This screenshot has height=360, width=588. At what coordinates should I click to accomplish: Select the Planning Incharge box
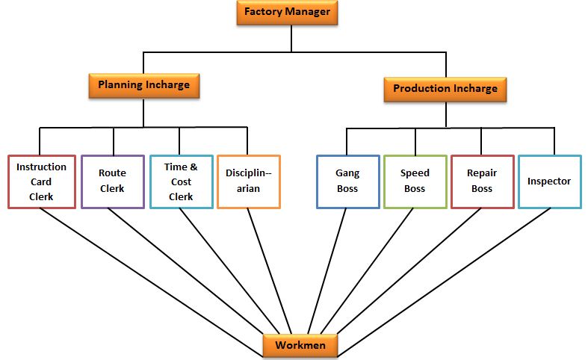144,85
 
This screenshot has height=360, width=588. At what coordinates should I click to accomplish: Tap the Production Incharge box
445,89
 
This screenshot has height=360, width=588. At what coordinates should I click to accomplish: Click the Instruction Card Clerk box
41,181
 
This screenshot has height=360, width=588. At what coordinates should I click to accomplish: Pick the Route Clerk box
112,181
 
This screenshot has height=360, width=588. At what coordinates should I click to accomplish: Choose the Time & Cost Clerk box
181,181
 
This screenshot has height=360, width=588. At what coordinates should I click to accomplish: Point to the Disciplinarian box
249,181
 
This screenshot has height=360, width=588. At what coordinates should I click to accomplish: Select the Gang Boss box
347,181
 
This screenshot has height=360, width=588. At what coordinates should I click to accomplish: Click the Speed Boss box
415,181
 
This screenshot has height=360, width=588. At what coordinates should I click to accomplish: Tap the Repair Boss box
482,181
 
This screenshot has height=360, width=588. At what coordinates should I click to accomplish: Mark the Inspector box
549,181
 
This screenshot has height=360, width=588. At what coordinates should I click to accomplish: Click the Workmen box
300,346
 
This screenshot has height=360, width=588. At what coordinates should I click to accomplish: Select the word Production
421,89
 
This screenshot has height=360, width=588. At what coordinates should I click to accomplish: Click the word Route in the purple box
112,173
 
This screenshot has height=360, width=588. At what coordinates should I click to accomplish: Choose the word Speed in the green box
415,173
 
